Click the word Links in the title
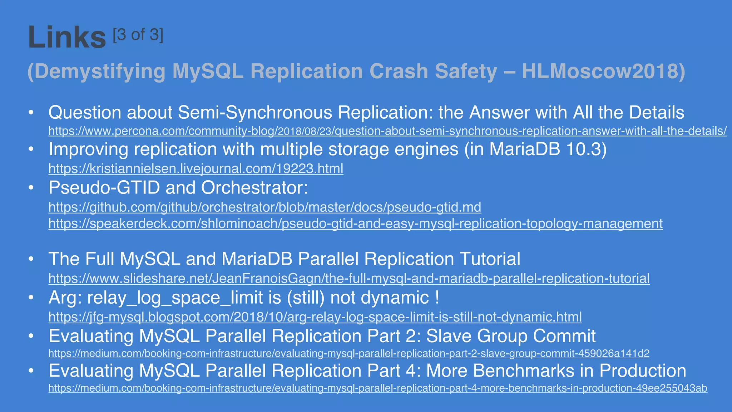point(67,37)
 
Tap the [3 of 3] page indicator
point(138,35)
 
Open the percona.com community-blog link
point(387,131)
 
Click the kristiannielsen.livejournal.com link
point(196,168)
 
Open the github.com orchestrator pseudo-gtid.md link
point(265,207)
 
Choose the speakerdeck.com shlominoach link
point(356,224)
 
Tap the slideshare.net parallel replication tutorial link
point(349,278)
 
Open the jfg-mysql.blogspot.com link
point(315,317)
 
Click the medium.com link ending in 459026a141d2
point(349,353)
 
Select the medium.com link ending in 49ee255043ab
point(378,388)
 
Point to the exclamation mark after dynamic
point(437,298)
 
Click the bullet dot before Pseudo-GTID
point(31,188)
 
